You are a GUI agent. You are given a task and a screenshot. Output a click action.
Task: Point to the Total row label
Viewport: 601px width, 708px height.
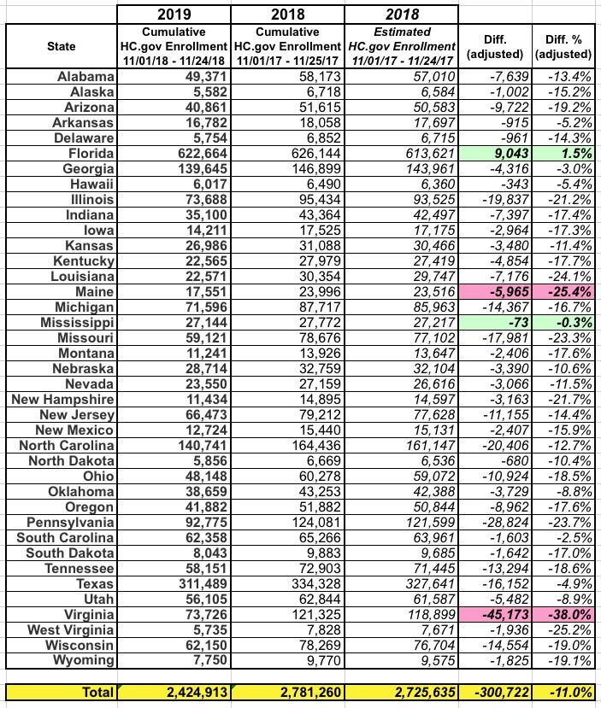coord(91,692)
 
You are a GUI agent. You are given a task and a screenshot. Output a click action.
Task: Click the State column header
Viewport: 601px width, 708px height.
coord(62,46)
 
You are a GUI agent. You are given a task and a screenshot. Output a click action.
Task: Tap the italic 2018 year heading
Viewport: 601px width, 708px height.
coord(402,13)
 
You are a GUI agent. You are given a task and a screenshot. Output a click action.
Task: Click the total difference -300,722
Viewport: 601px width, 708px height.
coord(494,692)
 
